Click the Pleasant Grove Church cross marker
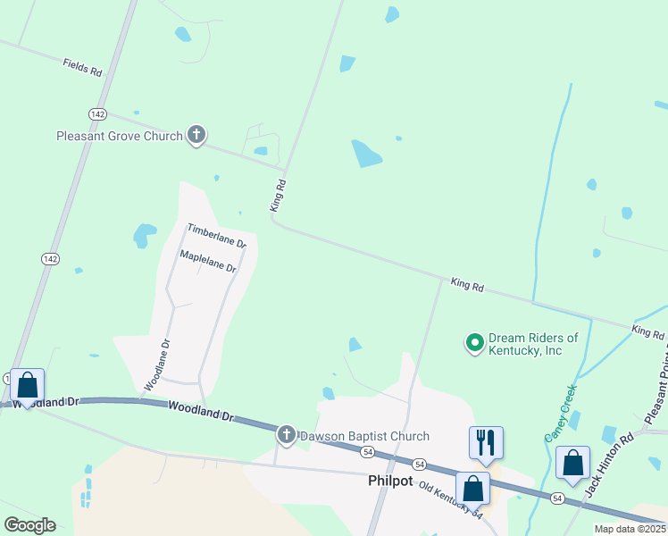pyautogui.click(x=196, y=136)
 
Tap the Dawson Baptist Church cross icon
pyautogui.click(x=287, y=435)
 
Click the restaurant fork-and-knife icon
pyautogui.click(x=486, y=442)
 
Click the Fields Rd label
pyautogui.click(x=81, y=67)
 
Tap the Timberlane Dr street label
pyautogui.click(x=216, y=236)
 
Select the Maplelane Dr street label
pyautogui.click(x=207, y=261)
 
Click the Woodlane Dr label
pyautogui.click(x=157, y=364)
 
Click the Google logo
pyautogui.click(x=29, y=525)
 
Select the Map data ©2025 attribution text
pyautogui.click(x=630, y=529)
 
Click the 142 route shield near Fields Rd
pyautogui.click(x=97, y=113)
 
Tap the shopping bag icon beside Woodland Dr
pyautogui.click(x=27, y=387)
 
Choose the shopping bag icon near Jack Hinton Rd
pyautogui.click(x=572, y=463)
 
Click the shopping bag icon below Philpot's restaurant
pyautogui.click(x=472, y=489)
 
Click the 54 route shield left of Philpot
pyautogui.click(x=367, y=453)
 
